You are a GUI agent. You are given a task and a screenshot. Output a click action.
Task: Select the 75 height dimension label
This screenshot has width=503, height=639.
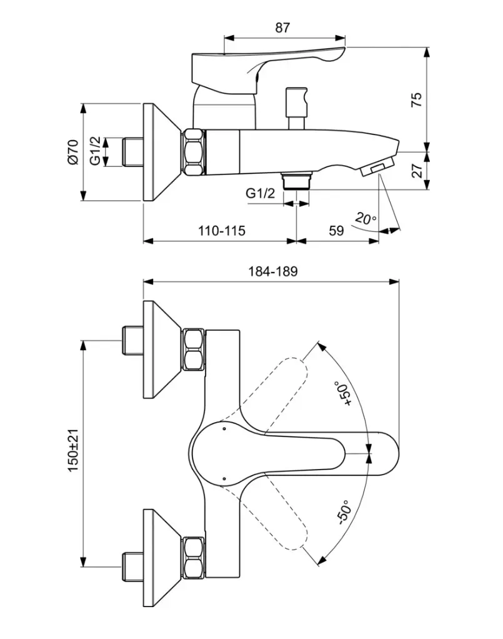(417, 100)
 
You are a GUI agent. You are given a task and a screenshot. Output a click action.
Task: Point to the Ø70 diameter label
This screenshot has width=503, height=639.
(72, 153)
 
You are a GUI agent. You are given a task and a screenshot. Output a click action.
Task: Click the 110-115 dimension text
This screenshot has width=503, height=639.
(222, 231)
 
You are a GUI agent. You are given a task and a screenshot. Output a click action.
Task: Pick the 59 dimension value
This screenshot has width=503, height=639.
(336, 231)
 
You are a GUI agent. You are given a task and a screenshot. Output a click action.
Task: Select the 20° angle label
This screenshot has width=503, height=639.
(366, 219)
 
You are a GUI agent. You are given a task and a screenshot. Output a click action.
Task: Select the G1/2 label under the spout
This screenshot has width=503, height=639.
(260, 194)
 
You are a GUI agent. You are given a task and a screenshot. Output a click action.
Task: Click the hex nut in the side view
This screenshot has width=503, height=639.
(194, 152)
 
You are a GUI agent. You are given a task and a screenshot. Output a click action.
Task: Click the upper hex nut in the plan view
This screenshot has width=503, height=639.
(193, 351)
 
